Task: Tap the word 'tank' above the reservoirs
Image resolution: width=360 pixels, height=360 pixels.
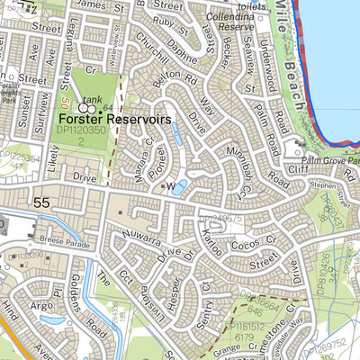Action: click(x=92, y=99)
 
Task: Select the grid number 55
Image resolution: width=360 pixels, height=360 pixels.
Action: click(x=40, y=204)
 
